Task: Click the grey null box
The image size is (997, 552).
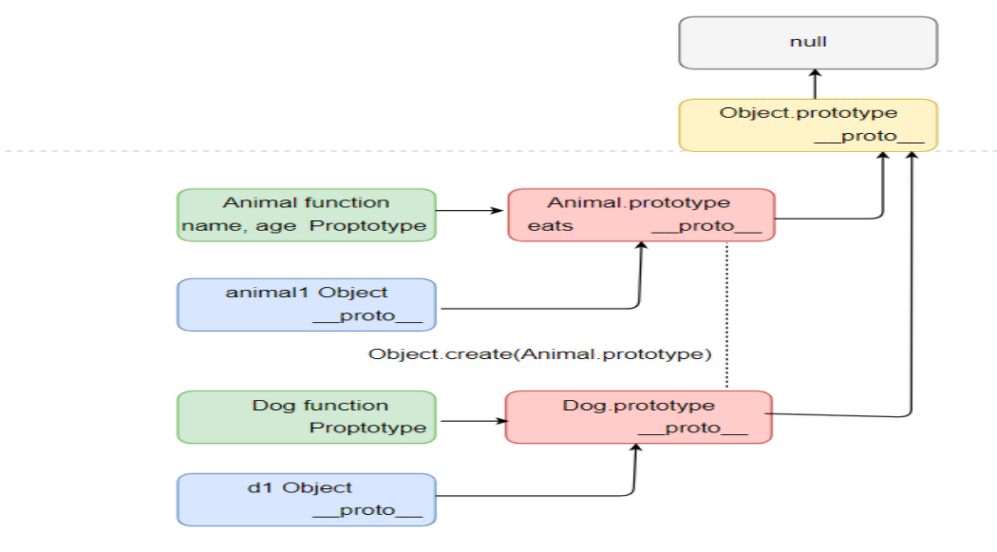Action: (x=808, y=43)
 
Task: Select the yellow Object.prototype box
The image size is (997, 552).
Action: (x=808, y=124)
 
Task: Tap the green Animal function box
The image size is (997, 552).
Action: (x=306, y=215)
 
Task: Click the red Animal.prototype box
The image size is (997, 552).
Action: (x=641, y=215)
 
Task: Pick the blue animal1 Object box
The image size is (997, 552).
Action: (x=306, y=304)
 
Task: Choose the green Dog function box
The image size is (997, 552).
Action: (x=306, y=417)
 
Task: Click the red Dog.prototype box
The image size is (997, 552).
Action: (x=638, y=417)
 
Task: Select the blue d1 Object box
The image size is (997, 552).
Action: (x=306, y=500)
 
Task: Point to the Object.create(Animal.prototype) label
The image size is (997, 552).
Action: (x=540, y=354)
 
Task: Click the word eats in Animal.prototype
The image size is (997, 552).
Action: (x=550, y=226)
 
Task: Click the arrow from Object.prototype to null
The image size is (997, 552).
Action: (x=814, y=84)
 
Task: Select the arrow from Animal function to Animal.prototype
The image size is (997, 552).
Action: (x=471, y=212)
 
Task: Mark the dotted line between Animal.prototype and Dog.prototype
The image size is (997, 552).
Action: (x=726, y=314)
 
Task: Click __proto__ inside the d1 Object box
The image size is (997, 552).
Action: (x=367, y=511)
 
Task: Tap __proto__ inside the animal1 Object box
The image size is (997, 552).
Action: (x=367, y=315)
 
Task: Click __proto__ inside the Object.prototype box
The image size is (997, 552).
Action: (x=869, y=136)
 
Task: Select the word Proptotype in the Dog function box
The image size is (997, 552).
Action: (x=367, y=428)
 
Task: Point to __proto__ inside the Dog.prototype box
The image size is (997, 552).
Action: (x=693, y=428)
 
